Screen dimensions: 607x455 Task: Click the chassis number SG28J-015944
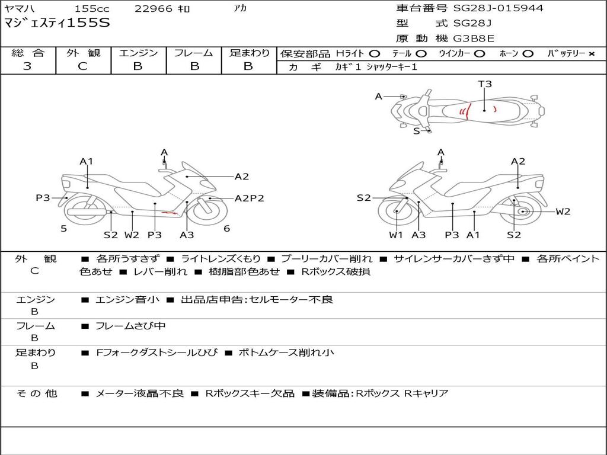click(x=498, y=8)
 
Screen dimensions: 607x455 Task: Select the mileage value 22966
click(x=154, y=9)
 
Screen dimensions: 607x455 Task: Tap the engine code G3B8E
click(x=474, y=39)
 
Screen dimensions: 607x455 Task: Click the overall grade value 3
click(x=27, y=66)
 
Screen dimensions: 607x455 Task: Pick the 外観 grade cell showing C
click(x=83, y=66)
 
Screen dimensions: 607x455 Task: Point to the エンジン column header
click(x=138, y=53)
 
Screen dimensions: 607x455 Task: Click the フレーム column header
click(x=194, y=53)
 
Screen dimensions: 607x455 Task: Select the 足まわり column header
click(x=249, y=53)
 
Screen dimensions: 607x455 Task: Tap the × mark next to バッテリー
click(x=591, y=54)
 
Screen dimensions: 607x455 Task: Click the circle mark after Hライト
click(x=375, y=54)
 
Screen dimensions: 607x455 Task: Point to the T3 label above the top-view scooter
click(x=485, y=84)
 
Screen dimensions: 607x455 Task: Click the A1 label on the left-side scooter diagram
click(x=87, y=161)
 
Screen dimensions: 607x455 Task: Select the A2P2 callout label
click(x=249, y=198)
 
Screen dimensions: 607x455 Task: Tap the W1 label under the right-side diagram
click(x=396, y=235)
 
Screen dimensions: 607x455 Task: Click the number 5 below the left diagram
click(x=63, y=228)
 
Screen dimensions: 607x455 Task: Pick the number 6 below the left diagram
click(x=226, y=228)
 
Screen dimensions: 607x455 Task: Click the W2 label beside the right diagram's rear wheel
click(x=563, y=212)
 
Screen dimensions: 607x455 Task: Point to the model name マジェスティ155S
click(x=57, y=24)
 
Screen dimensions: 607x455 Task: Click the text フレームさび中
click(x=130, y=326)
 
